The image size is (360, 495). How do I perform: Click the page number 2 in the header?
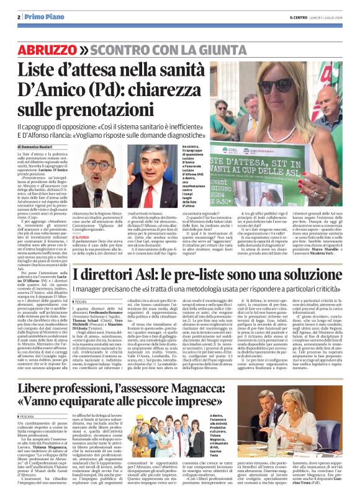[19, 17]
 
